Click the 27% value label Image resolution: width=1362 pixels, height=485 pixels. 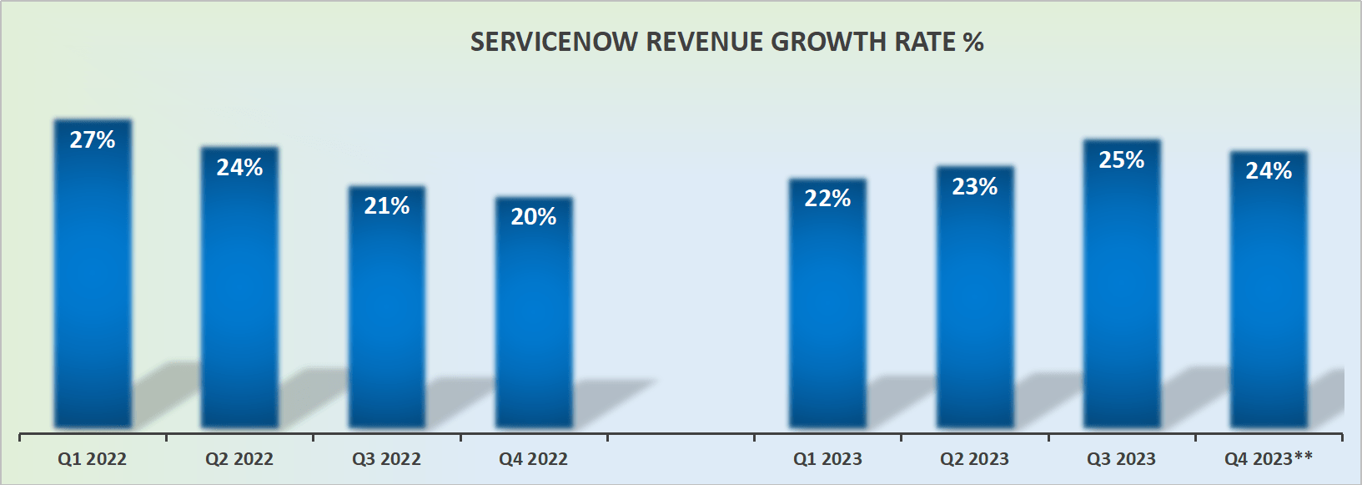coord(93,139)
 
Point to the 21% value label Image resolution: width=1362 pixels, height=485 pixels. coord(386,205)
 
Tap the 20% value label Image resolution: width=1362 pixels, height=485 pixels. coord(534,216)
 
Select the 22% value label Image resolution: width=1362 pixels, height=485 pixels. coord(827,198)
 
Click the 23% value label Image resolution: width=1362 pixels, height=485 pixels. coord(975,186)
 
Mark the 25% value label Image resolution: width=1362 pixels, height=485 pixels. coord(1122,159)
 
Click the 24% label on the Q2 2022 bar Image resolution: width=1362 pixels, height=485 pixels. coord(239,167)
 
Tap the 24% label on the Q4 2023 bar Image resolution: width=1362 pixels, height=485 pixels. coord(1269,170)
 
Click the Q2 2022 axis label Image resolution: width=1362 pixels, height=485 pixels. coord(239,459)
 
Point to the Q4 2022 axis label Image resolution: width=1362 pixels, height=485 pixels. coord(534,459)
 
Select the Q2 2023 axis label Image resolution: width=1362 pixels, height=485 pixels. coord(974,459)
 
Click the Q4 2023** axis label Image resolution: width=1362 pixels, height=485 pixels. coord(1269,458)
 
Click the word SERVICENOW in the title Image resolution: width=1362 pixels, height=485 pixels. coord(554,42)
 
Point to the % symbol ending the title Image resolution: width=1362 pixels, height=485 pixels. coord(973,42)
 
